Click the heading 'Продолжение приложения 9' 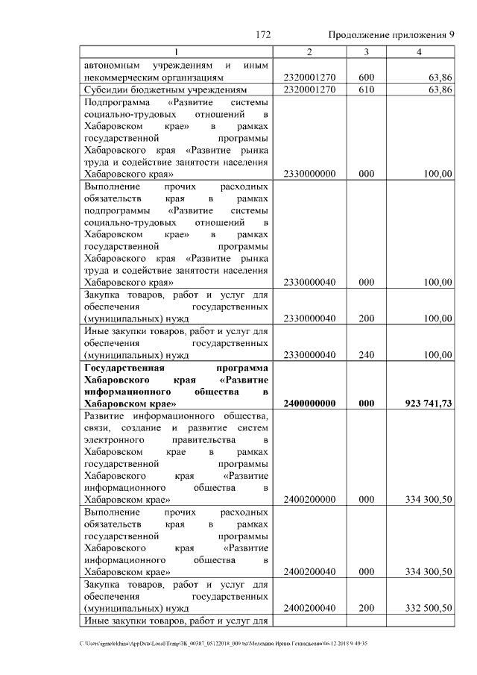[391, 35]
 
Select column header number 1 [177, 52]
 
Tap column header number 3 [366, 52]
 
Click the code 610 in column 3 [366, 90]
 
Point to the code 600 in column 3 [366, 77]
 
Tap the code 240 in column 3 [366, 355]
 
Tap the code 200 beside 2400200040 [366, 608]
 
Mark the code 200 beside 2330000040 [366, 318]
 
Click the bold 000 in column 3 [366, 403]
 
